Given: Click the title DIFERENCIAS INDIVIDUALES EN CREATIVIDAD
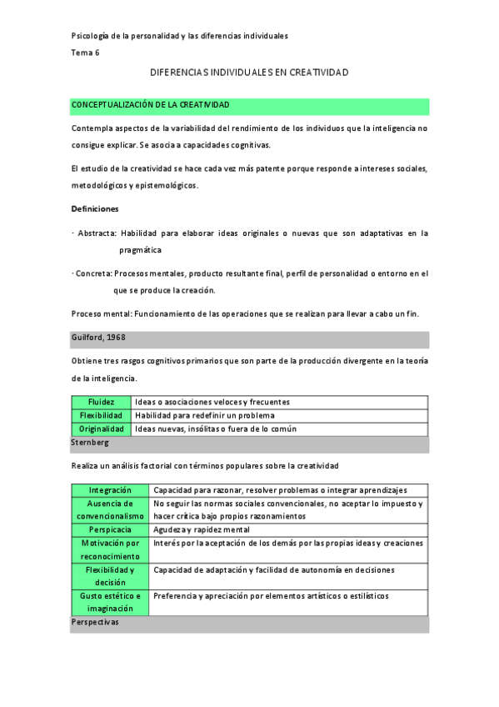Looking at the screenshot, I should click(249, 73).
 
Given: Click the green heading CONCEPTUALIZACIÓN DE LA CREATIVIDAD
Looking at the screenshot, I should click(151, 104).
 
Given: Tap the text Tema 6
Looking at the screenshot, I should click(85, 53).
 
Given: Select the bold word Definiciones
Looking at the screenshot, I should click(95, 208).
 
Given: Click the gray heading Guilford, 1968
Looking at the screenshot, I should click(99, 337).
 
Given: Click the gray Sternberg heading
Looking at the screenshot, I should click(90, 442).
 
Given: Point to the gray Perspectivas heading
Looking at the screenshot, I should click(95, 622).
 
